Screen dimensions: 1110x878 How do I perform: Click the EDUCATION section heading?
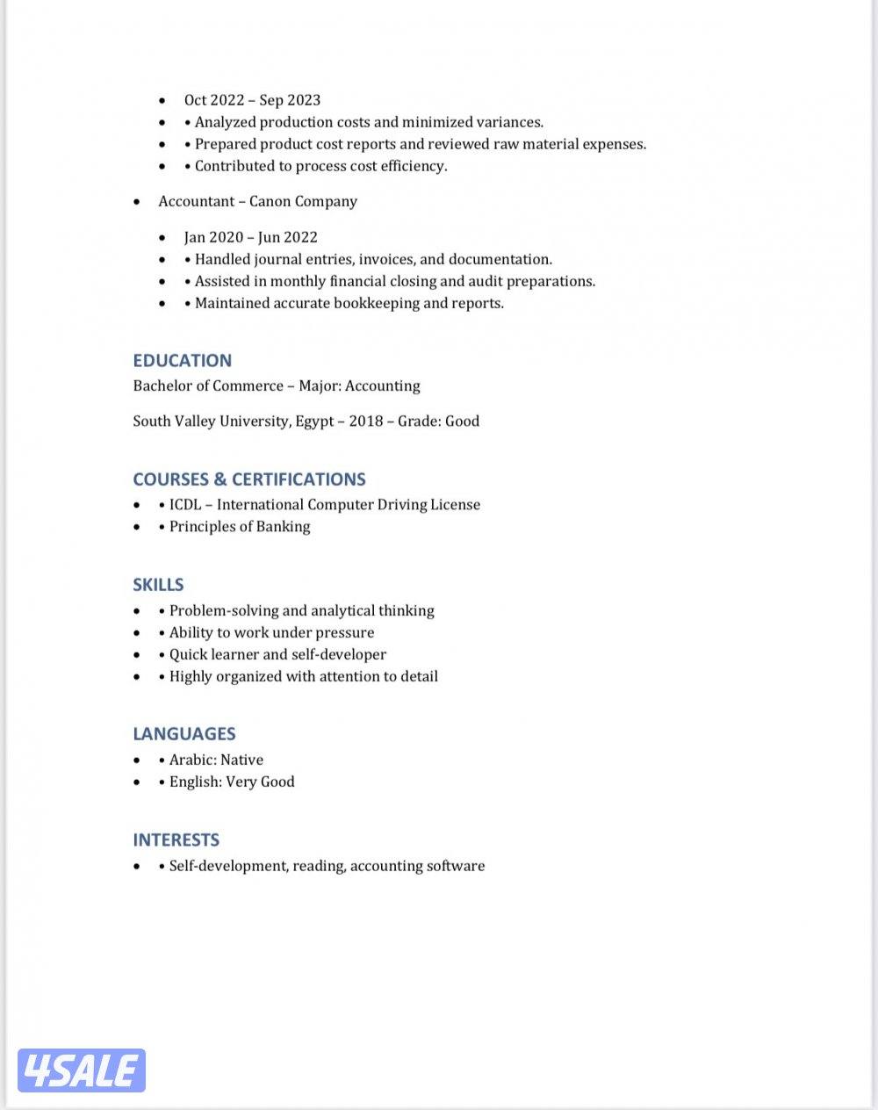click(182, 360)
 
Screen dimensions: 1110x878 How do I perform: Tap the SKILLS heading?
click(158, 585)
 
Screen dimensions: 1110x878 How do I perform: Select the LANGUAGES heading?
click(184, 734)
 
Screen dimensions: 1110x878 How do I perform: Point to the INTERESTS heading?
click(176, 840)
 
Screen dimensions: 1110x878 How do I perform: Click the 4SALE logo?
click(81, 1070)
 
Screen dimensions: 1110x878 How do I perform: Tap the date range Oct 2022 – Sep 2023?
click(252, 100)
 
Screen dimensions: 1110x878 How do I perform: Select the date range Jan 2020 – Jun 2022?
click(250, 237)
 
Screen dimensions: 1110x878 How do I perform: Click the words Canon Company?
click(303, 201)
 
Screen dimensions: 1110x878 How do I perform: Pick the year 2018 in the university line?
click(365, 421)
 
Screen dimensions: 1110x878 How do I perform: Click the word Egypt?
click(314, 421)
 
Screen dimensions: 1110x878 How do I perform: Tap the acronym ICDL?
click(184, 505)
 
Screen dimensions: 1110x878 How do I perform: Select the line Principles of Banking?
click(239, 527)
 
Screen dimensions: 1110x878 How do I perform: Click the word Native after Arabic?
click(241, 760)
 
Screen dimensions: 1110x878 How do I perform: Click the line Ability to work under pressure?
click(271, 632)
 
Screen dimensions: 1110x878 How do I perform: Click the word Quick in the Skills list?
click(189, 654)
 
